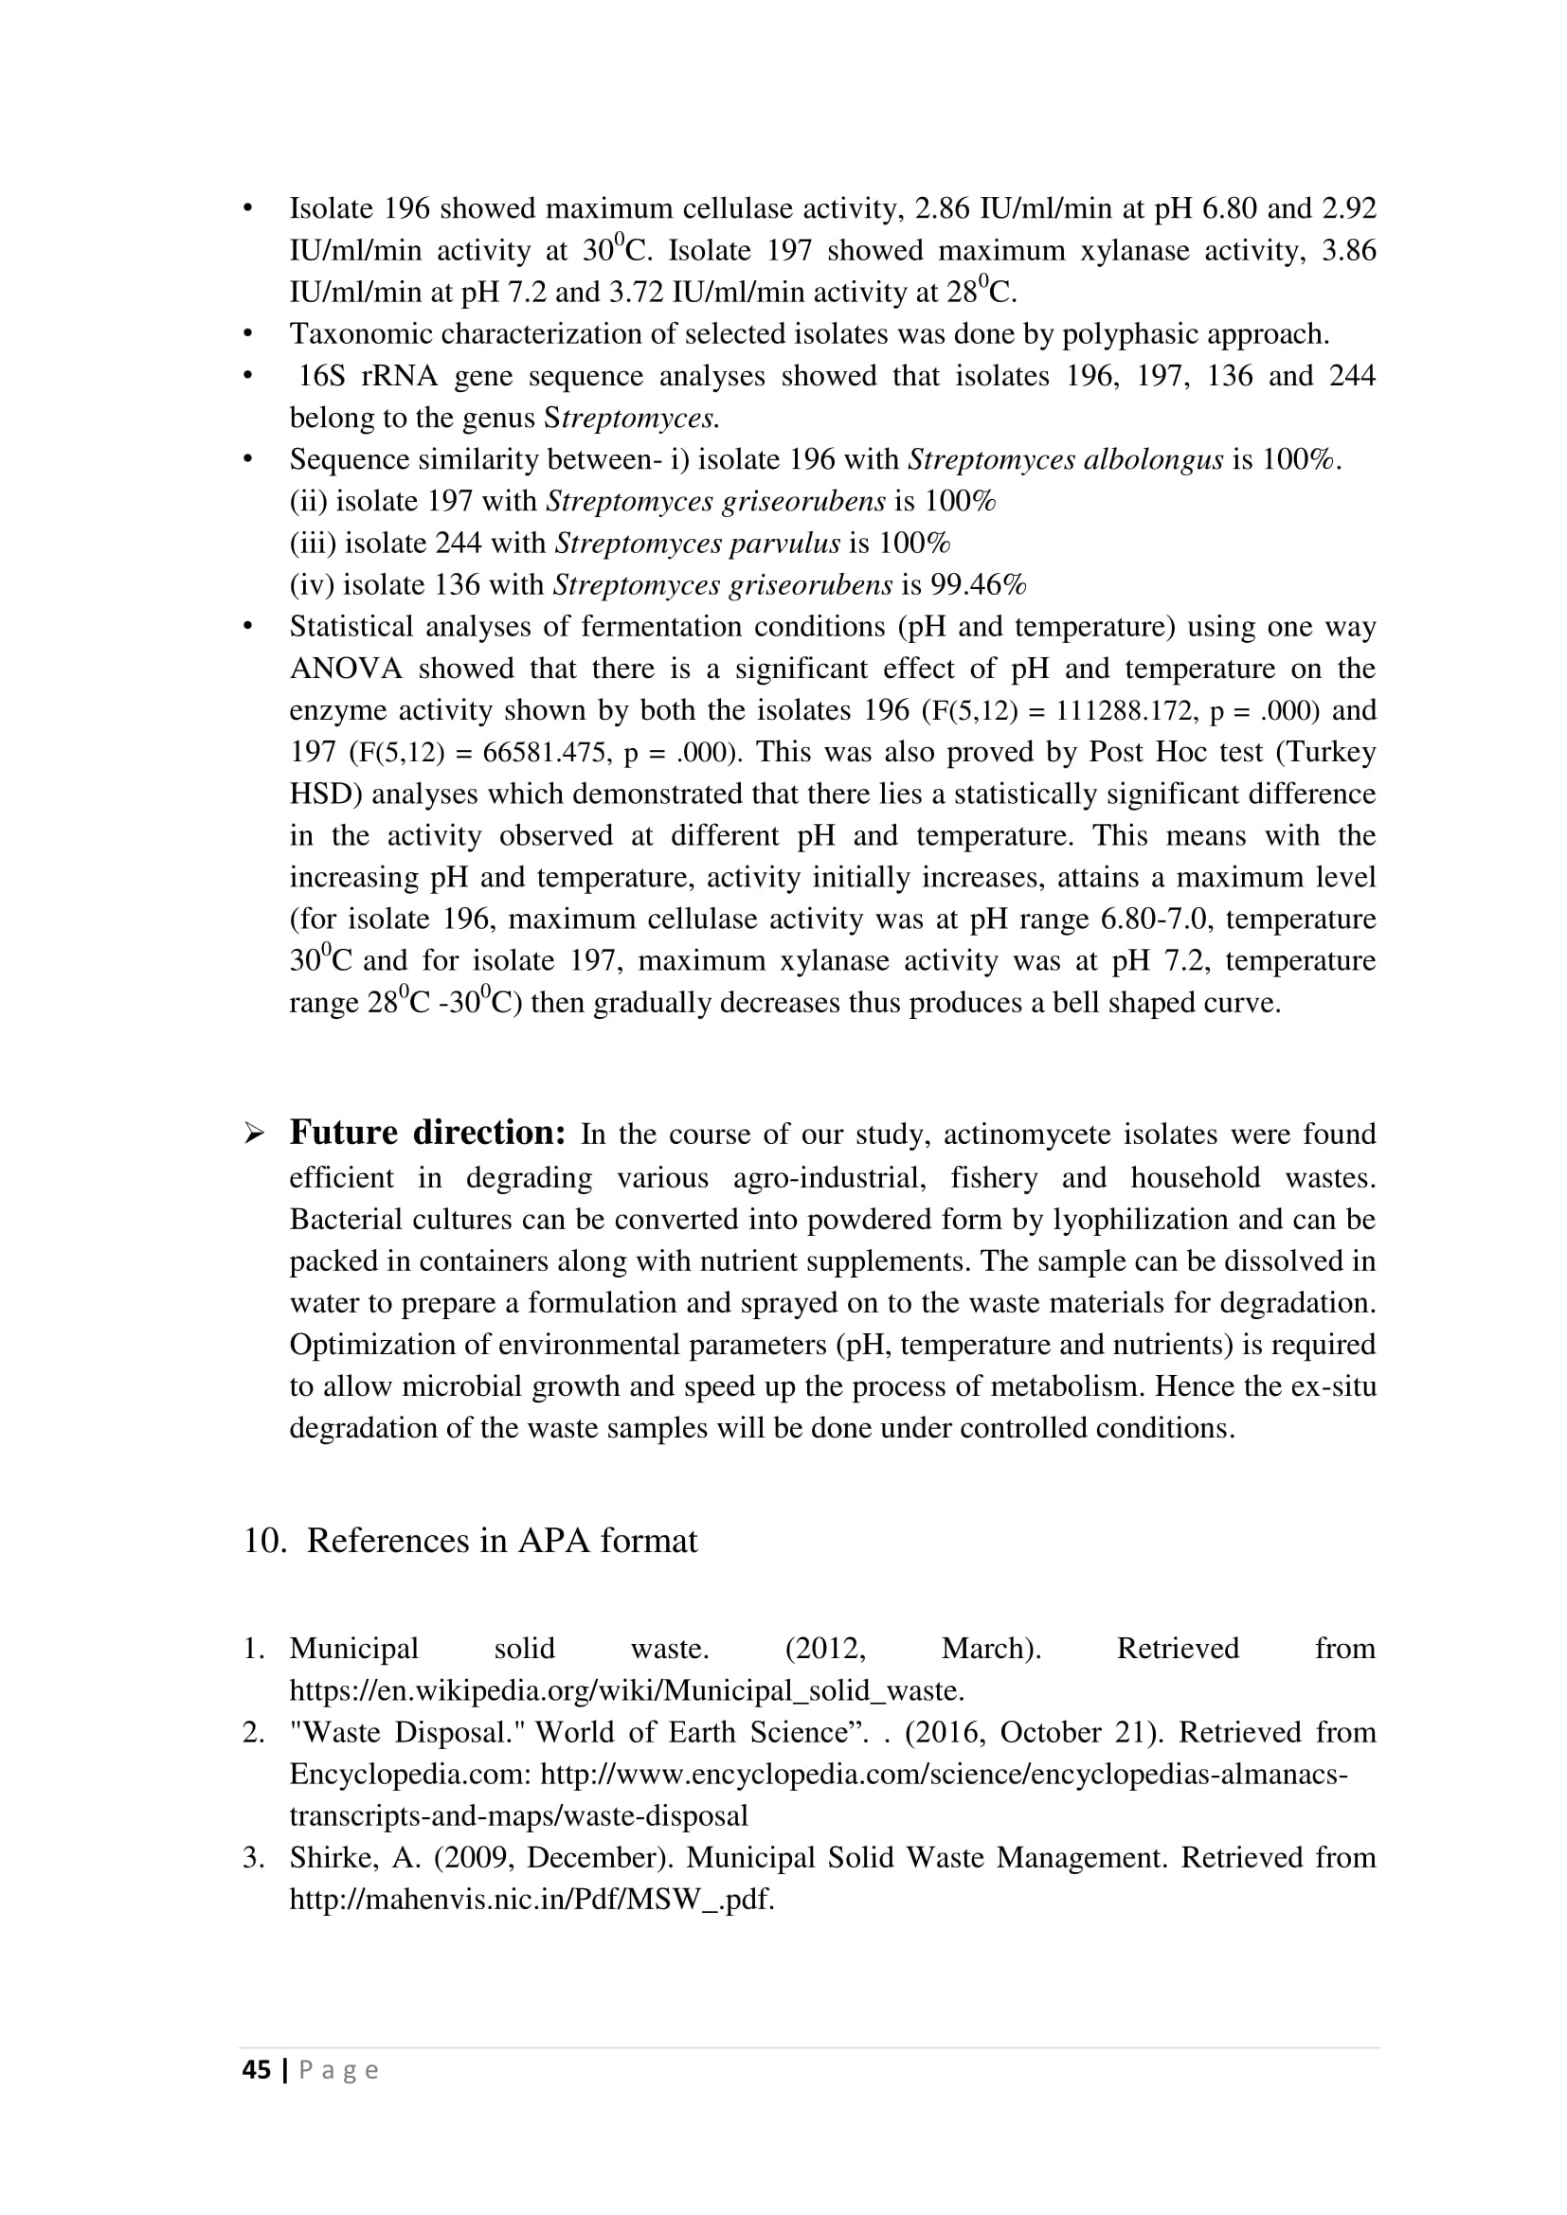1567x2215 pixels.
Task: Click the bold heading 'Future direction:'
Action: pos(427,1133)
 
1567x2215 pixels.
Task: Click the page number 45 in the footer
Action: pos(256,2070)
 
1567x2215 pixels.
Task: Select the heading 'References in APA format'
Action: pos(501,1541)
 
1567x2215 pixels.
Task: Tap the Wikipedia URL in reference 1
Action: pos(626,1690)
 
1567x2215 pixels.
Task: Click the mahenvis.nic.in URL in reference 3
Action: pos(531,1900)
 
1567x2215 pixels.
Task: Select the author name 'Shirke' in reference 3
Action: pos(333,1857)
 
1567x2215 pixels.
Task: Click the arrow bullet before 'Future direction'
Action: pos(255,1134)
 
